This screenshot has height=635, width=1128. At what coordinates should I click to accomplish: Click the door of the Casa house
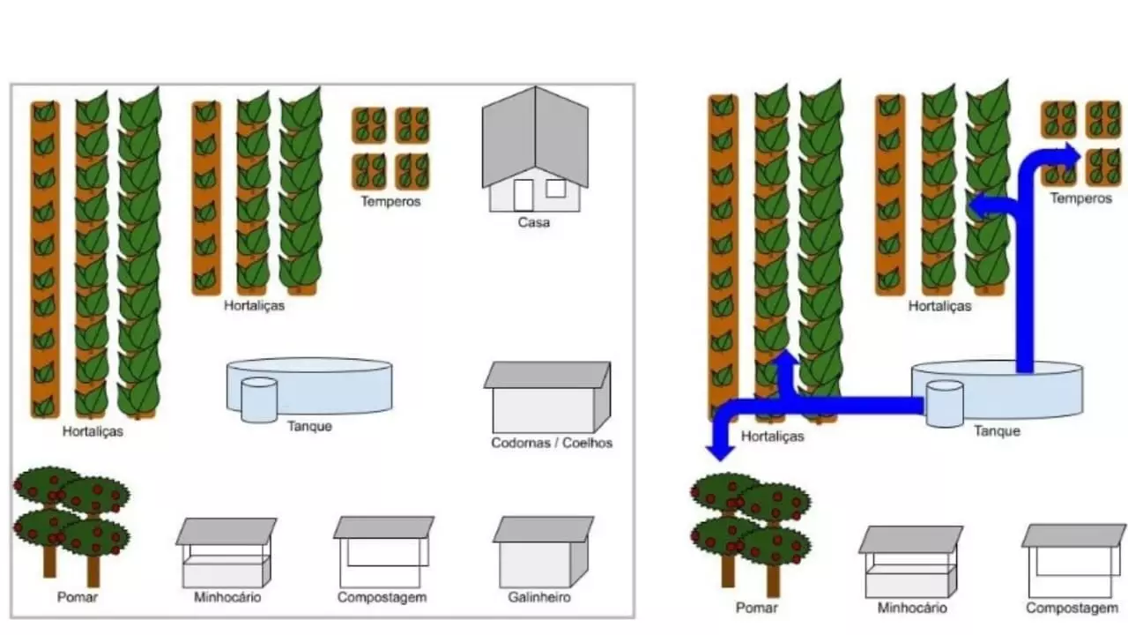tap(523, 195)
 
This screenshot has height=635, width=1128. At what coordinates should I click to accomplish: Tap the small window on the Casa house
tap(555, 189)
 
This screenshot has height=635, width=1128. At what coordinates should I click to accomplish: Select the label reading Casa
tap(534, 222)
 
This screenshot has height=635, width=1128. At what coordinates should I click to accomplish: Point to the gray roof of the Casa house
tap(535, 136)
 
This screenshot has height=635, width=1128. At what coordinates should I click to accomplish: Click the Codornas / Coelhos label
tap(552, 443)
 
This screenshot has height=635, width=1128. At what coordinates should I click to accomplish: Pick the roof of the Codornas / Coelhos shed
tap(547, 375)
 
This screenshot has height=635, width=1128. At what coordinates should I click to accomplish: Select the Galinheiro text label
tap(539, 597)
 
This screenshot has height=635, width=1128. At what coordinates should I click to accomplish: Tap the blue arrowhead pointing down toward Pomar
tap(720, 450)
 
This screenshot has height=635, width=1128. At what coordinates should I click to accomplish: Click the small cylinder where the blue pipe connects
tap(945, 404)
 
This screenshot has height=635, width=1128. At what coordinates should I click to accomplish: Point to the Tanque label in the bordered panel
tap(309, 426)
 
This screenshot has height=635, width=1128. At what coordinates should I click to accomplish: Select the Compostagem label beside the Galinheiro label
tap(382, 597)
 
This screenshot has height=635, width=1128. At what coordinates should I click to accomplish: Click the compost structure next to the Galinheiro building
tap(383, 552)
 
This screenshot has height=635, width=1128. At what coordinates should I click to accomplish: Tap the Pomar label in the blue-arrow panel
tap(756, 608)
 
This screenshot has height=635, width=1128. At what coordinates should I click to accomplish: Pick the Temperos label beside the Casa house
tap(390, 202)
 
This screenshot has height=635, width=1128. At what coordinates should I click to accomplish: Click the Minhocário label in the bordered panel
tap(227, 597)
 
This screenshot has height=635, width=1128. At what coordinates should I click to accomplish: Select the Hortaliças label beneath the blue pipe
tap(773, 437)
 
